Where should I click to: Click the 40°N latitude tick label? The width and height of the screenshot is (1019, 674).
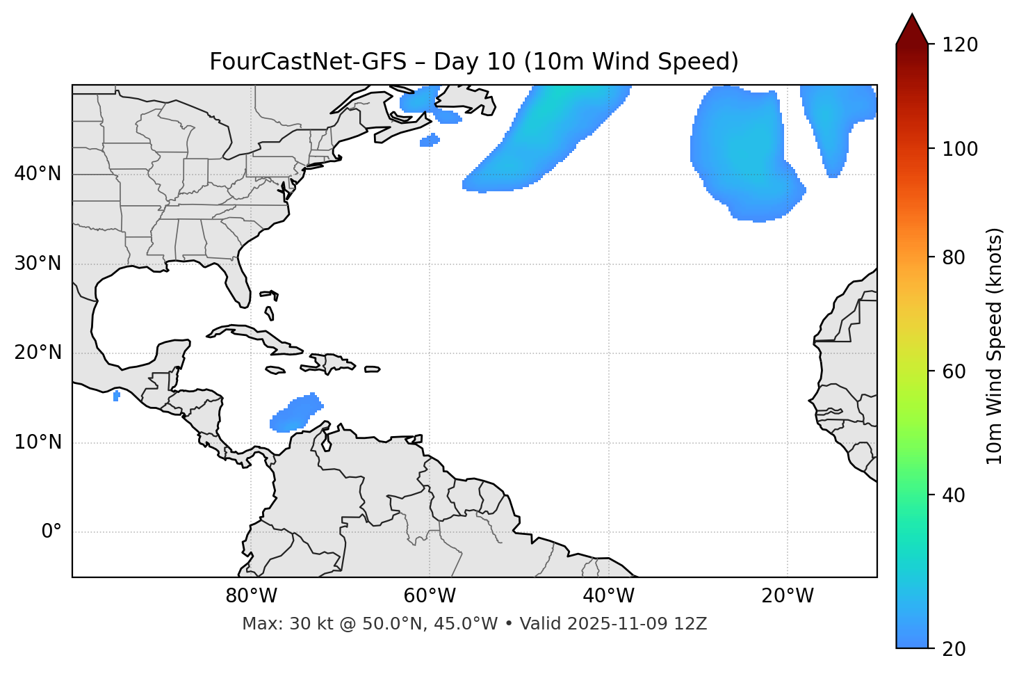tap(38, 174)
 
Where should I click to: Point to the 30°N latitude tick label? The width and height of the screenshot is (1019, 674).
tap(38, 264)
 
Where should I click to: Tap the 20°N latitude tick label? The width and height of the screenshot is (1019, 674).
tap(38, 353)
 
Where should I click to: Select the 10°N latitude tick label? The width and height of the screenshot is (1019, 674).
tap(38, 442)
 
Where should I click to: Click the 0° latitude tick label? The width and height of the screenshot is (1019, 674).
tap(51, 532)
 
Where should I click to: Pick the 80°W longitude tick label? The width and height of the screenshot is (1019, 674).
tap(251, 596)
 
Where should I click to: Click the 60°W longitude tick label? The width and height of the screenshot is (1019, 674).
tap(430, 596)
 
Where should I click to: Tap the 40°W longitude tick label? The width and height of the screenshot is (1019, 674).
tap(608, 596)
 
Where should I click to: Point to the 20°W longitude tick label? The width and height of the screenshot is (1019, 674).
tap(788, 596)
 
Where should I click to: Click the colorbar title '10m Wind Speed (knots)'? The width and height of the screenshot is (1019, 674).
tap(995, 346)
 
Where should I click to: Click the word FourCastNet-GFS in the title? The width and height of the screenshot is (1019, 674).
tap(307, 62)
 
